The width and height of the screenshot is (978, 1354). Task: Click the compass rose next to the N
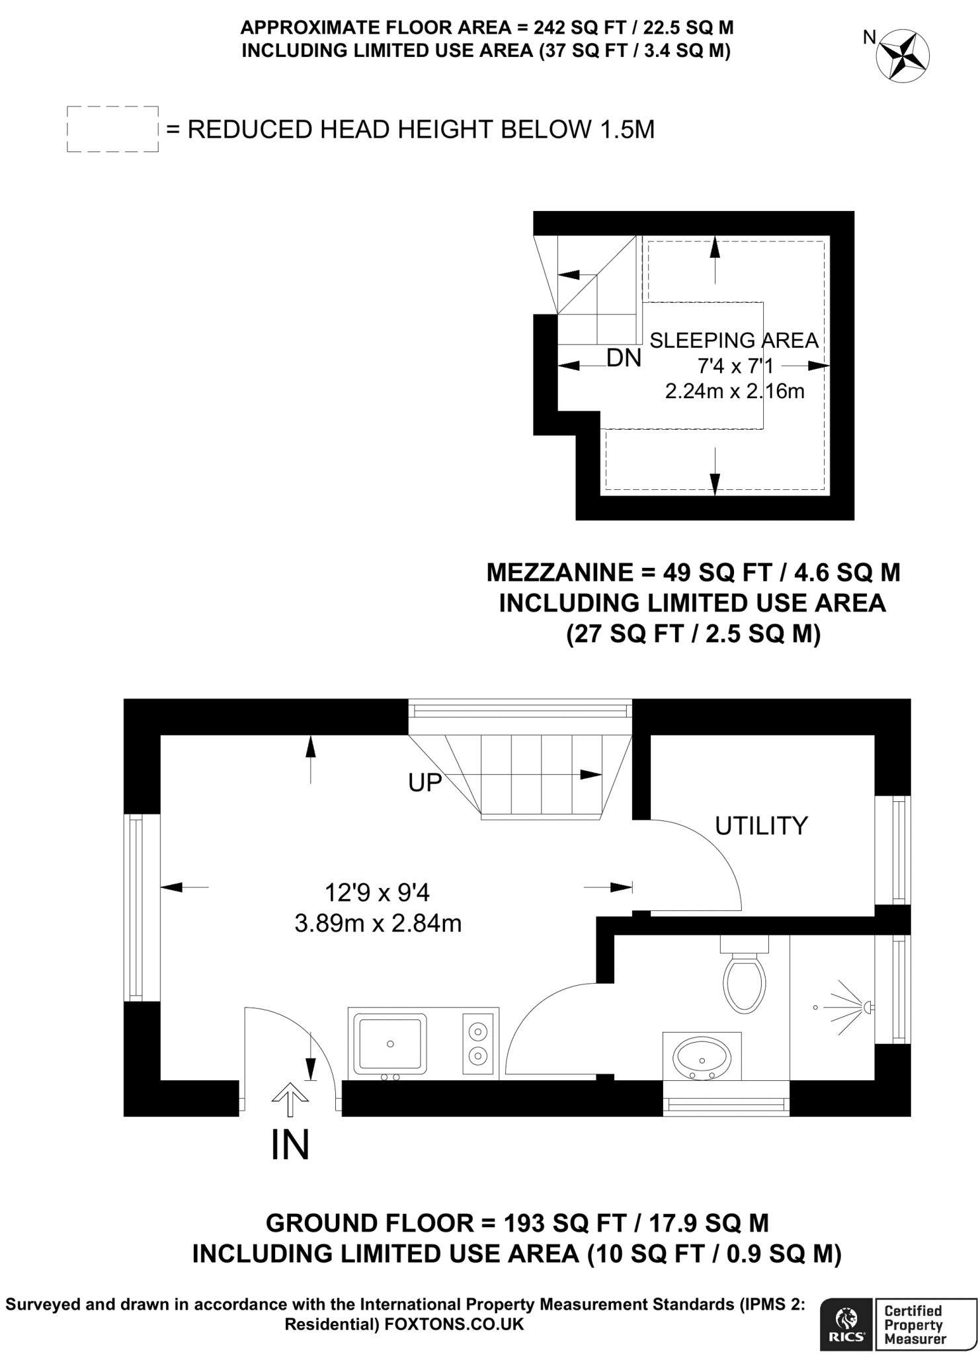(903, 56)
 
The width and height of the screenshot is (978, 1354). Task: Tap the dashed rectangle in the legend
(113, 106)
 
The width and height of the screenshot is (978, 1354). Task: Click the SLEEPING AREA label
(734, 340)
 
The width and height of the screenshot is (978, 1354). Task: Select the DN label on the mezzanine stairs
(624, 358)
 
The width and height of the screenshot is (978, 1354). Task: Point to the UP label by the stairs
(425, 783)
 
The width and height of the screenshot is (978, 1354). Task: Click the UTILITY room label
(762, 826)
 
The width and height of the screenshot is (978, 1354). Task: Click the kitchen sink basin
(390, 1043)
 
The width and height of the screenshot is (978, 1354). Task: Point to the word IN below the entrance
(290, 1145)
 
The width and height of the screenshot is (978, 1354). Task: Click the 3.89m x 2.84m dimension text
(378, 923)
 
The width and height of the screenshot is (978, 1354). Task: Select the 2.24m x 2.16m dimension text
(735, 391)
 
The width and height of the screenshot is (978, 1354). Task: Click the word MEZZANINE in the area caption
(559, 573)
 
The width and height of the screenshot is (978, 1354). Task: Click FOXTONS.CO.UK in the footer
(454, 1324)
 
